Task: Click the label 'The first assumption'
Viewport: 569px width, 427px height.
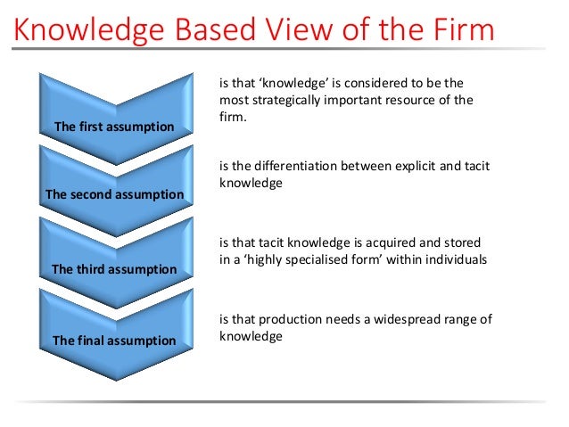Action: click(114, 127)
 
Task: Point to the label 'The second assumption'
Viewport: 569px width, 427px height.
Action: click(114, 194)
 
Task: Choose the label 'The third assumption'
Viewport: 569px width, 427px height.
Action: click(114, 268)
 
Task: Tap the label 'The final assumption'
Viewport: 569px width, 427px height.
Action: click(114, 341)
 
